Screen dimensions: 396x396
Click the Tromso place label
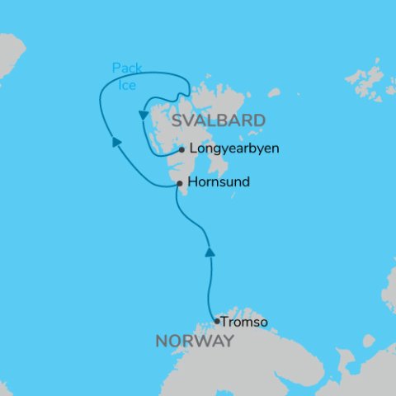coord(245,323)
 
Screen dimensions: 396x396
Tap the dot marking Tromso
coord(216,322)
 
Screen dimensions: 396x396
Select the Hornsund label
coord(219,181)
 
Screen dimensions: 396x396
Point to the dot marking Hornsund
coord(180,184)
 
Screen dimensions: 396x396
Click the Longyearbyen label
coord(234,150)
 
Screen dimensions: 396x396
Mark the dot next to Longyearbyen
coord(181,150)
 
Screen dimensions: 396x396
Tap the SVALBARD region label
coord(218,121)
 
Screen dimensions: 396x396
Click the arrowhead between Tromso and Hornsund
coord(210,251)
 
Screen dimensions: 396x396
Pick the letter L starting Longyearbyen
coord(193,150)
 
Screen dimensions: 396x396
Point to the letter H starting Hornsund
coord(193,181)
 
